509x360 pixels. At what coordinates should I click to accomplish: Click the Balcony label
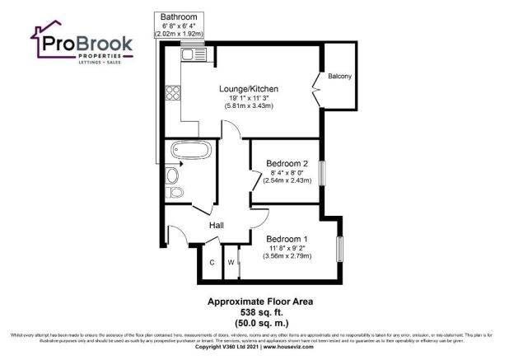tap(339, 77)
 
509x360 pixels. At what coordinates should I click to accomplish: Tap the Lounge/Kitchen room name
tap(249, 89)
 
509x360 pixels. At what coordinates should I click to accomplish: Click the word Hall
tap(217, 225)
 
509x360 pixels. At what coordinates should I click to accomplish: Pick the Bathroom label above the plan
tap(179, 16)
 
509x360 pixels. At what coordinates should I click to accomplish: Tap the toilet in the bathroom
tap(173, 193)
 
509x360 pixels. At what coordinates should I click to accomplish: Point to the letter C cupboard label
tap(212, 262)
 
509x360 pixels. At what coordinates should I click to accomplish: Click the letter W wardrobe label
tap(231, 262)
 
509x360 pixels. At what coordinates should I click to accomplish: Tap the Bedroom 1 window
tap(339, 248)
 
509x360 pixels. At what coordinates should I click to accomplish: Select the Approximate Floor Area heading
tap(254, 302)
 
